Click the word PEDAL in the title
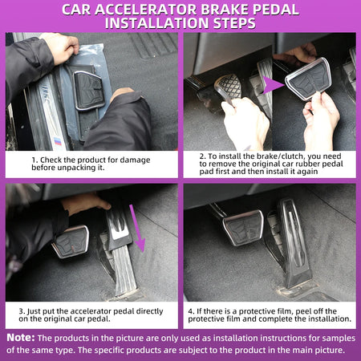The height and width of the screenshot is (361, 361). click(x=275, y=10)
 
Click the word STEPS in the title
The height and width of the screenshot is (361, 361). click(x=234, y=23)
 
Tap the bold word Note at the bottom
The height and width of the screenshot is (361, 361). click(x=21, y=338)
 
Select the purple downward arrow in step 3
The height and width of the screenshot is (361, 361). click(x=138, y=228)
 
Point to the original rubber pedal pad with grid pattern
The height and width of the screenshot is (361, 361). click(x=228, y=87)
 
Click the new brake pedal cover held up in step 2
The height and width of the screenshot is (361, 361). click(x=308, y=79)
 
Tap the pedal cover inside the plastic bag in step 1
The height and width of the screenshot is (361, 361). click(x=89, y=90)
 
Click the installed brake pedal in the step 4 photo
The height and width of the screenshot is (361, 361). click(x=243, y=228)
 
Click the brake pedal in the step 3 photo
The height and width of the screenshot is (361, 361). click(x=71, y=241)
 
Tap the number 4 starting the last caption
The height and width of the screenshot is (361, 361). click(x=191, y=311)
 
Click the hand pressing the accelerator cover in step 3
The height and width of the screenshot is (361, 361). click(x=85, y=203)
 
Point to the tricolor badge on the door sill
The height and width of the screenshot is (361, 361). click(x=58, y=141)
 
